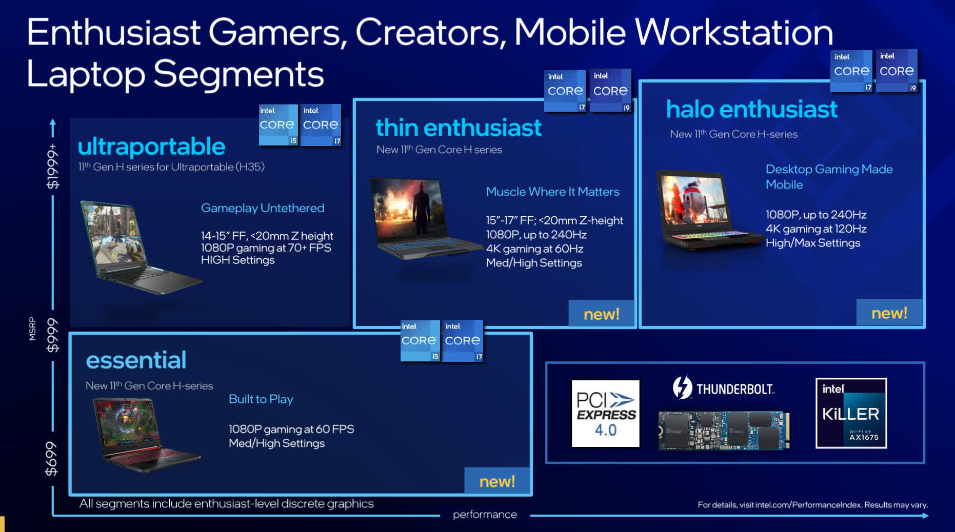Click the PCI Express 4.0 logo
(605, 414)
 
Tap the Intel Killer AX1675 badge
(851, 413)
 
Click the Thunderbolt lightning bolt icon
(682, 387)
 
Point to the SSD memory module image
(724, 431)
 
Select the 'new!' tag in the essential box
(497, 481)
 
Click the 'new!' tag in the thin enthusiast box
(601, 314)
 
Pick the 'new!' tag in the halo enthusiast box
(889, 313)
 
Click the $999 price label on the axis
(52, 335)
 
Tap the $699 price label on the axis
(51, 458)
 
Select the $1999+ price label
(52, 166)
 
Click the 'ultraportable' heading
(151, 147)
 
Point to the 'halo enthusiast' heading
(751, 109)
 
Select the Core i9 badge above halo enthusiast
(897, 71)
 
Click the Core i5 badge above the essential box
(420, 341)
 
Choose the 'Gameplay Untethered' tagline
(263, 208)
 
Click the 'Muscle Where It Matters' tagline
(552, 192)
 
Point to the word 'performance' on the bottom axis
(485, 515)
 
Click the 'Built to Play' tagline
(261, 399)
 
